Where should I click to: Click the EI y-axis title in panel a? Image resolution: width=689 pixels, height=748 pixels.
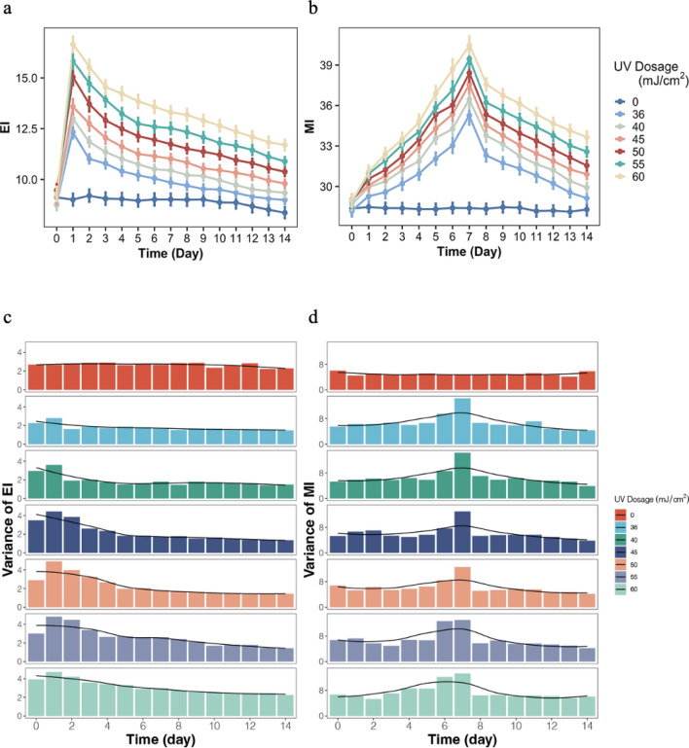[9, 125]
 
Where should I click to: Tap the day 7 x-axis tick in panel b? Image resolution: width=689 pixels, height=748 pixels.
[469, 235]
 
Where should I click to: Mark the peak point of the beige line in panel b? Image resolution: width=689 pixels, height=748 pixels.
[469, 44]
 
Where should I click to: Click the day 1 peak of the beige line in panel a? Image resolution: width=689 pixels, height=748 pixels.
[73, 44]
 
